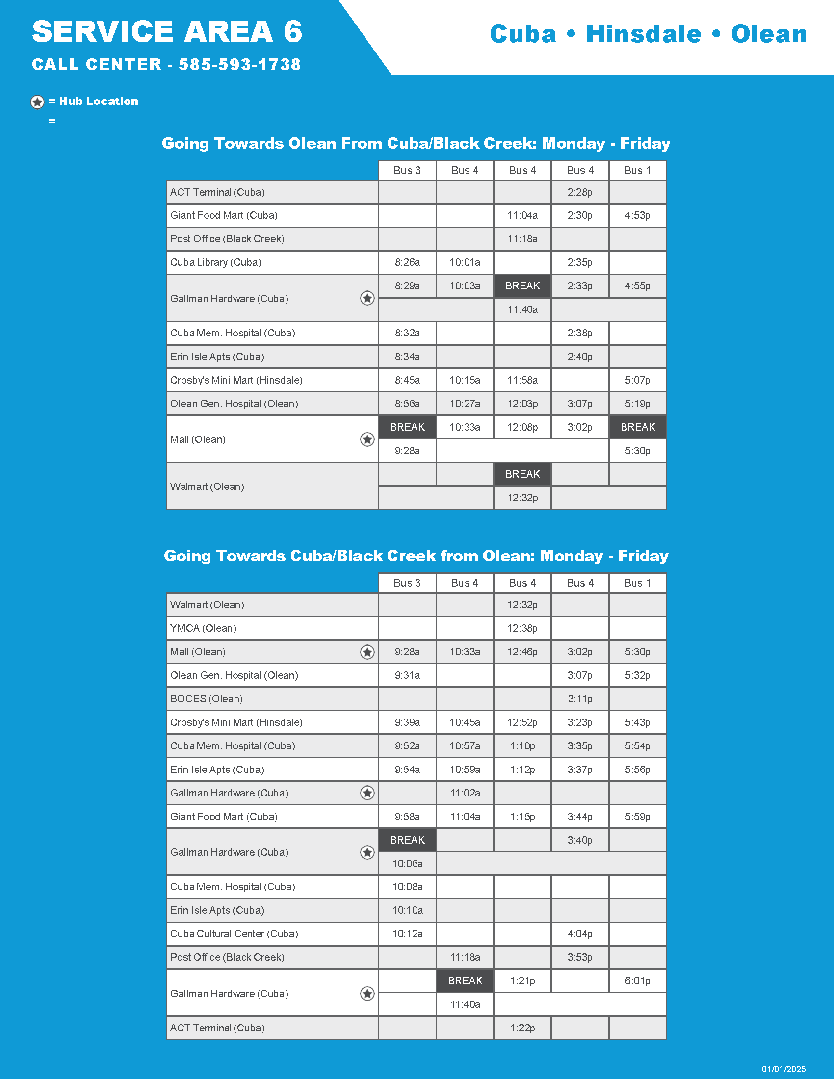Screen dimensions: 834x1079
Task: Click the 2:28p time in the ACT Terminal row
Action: coord(579,192)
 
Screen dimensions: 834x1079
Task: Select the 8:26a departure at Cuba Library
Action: coord(407,262)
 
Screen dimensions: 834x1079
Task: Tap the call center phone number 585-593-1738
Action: coord(239,64)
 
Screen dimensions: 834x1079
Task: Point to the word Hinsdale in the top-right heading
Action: coord(643,34)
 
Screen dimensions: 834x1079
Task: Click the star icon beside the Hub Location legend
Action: coord(38,102)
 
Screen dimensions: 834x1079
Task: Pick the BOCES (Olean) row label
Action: coord(207,698)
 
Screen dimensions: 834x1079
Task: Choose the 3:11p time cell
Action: coord(579,698)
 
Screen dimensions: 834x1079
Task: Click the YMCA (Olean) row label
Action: coord(203,628)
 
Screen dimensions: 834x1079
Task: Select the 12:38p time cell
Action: coord(522,628)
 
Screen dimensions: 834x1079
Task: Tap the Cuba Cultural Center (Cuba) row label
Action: coord(234,934)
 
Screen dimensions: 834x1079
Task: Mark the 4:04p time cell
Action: coord(579,934)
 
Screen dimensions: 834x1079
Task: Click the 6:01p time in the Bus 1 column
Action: coord(637,981)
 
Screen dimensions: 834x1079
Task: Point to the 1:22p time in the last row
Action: coord(522,1028)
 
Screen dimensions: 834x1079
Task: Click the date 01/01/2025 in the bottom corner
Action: coord(783,1069)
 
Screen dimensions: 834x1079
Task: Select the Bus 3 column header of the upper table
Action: coord(407,171)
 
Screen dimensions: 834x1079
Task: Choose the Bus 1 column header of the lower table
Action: coord(637,583)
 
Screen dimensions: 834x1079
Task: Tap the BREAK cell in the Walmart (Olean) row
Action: coord(522,474)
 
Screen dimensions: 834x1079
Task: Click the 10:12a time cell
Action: coord(407,934)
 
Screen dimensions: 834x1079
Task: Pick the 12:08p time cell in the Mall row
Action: coord(522,427)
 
